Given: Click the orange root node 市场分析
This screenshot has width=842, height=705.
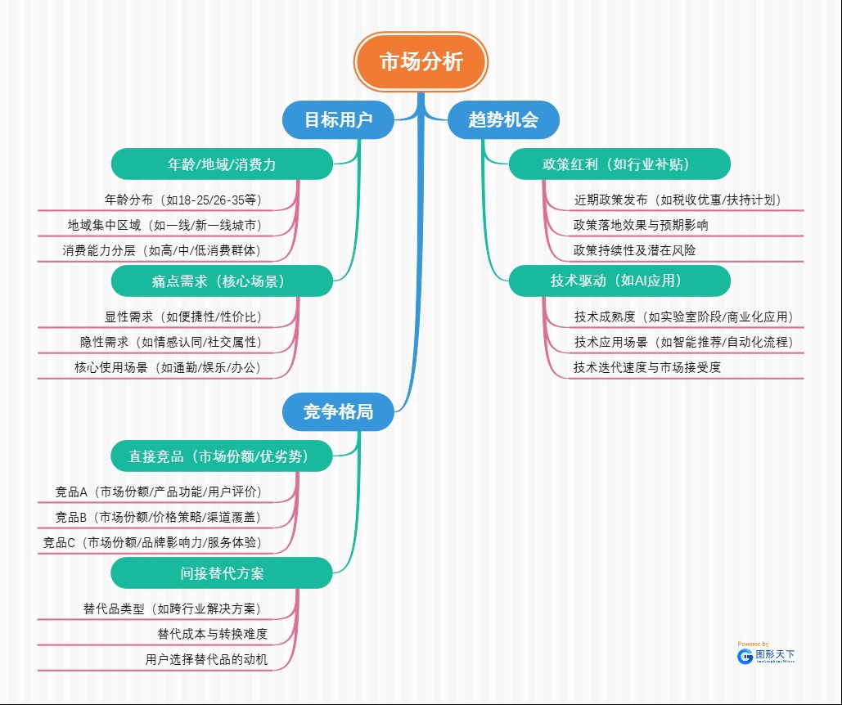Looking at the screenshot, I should pos(421,62).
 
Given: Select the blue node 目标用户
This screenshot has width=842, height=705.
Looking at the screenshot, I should pos(338,120).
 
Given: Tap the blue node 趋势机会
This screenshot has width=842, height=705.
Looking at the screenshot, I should pos(503,120).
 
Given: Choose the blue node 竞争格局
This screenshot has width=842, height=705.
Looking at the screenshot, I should pos(338,411).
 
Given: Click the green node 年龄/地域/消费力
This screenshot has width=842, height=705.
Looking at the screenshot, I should pos(222,164).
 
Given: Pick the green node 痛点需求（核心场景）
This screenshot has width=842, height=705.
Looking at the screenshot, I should pos(222,281).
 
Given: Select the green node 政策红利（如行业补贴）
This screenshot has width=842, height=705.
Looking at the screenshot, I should pos(619,164).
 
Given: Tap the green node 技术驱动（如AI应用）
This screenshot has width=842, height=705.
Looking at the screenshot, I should pos(619,281).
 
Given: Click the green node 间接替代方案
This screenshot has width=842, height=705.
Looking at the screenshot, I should pos(222,573).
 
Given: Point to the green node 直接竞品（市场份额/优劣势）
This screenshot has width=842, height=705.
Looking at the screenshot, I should pos(222,456).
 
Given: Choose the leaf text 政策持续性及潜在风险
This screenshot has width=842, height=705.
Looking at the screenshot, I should pos(634,250).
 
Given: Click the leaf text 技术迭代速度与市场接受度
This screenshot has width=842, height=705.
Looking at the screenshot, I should pos(647,367).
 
